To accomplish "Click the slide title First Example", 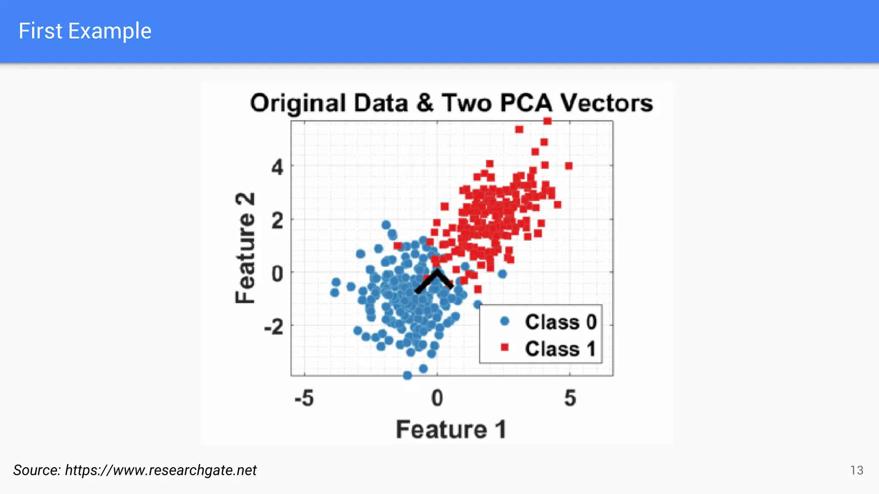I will tap(85, 31).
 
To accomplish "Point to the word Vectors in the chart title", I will tap(607, 103).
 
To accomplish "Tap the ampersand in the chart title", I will tap(424, 103).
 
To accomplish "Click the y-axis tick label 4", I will tap(277, 167).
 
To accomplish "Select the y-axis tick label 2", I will tap(277, 221).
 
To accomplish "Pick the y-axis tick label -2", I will tap(274, 327).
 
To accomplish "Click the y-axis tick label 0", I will tap(277, 274).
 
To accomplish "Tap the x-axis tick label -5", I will tap(304, 398).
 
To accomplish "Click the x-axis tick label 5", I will tap(570, 398).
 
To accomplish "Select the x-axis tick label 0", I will tap(437, 398).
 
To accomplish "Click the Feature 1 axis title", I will tap(451, 429).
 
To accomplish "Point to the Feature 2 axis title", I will tap(246, 248).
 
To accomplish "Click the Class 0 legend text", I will tap(561, 322).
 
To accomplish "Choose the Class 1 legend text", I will tap(560, 349).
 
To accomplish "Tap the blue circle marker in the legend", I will tap(505, 321).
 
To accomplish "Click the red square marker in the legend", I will tap(505, 347).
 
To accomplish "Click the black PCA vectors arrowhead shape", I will tap(435, 280).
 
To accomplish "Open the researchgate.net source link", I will tap(161, 470).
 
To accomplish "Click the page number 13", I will tap(856, 470).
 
